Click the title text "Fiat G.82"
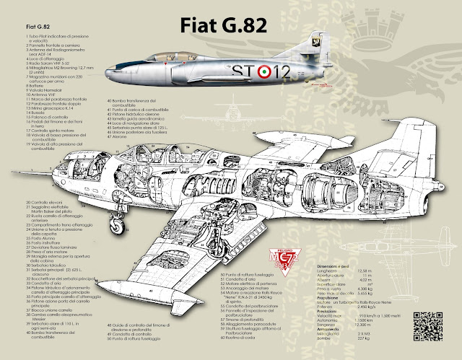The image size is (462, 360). [221, 26]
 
